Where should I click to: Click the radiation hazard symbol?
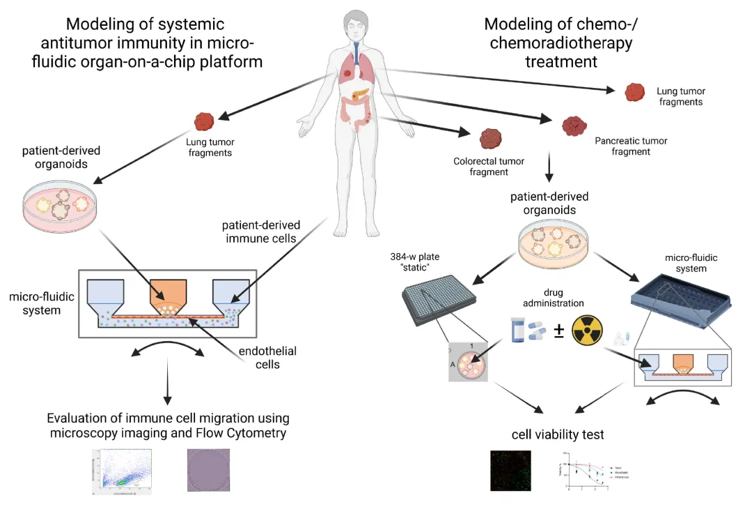588,330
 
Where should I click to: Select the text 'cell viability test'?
558,434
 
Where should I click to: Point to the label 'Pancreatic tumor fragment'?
631,146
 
